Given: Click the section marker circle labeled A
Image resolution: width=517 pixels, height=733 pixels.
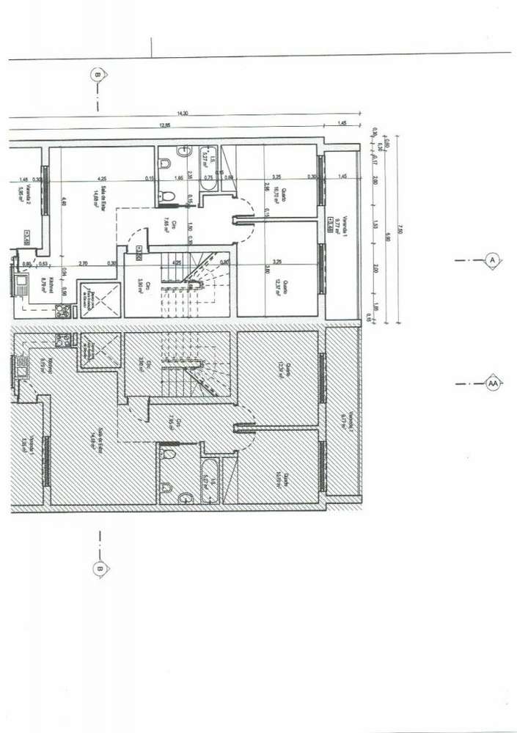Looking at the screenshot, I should pos(493,259).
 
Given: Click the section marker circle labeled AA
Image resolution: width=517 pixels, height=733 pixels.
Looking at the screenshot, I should pos(494,383).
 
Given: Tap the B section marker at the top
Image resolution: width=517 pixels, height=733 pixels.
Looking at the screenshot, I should pos(98,73).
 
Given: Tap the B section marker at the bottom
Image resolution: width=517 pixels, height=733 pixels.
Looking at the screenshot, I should pos(98,567).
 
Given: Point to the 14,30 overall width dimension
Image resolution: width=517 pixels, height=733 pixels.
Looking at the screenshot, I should pos(183,114).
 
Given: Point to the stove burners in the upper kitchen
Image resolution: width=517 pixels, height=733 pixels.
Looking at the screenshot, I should pos(62,310).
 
